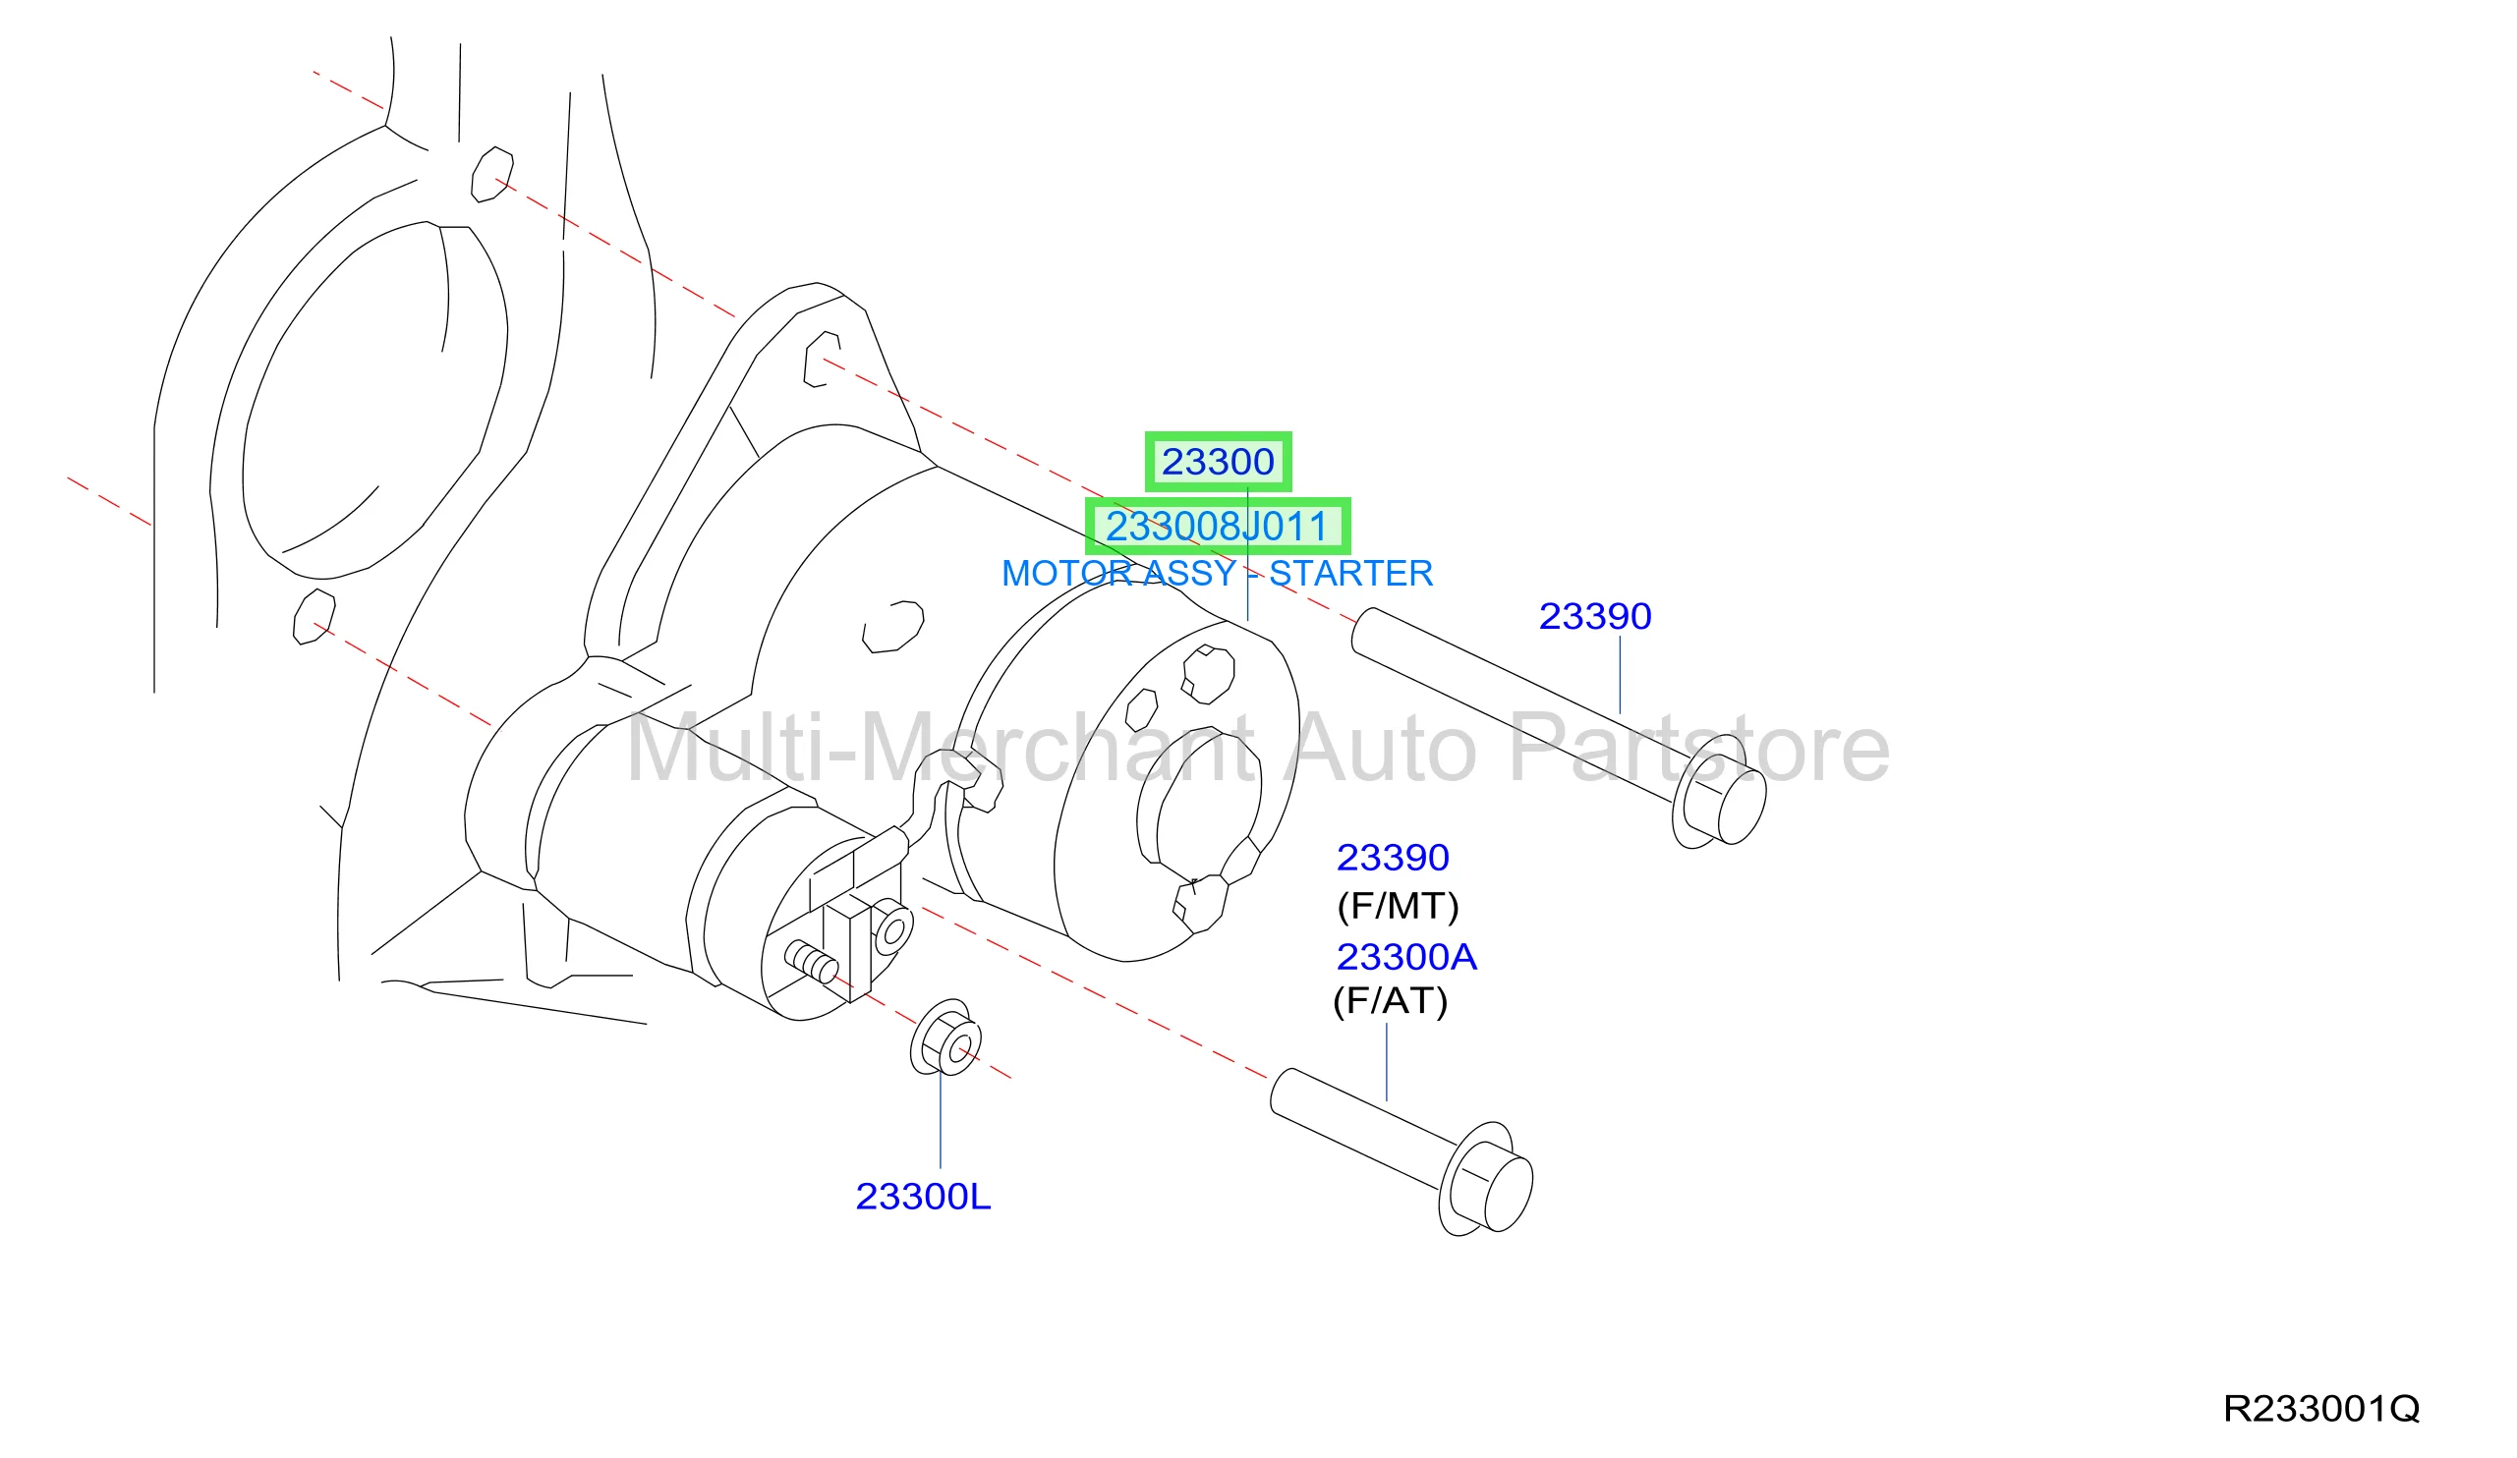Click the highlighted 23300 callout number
click(x=1218, y=462)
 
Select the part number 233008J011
click(x=1217, y=527)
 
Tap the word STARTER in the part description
click(x=1350, y=573)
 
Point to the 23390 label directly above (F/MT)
click(x=1393, y=857)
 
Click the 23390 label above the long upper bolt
click(x=1595, y=616)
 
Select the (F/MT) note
click(x=1399, y=906)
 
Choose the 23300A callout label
click(x=1406, y=957)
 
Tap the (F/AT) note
click(x=1391, y=1000)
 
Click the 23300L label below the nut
click(x=923, y=1197)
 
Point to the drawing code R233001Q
click(x=2321, y=1408)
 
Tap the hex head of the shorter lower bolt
click(x=1486, y=1179)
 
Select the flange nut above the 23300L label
click(x=945, y=1037)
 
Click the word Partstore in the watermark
click(x=1699, y=748)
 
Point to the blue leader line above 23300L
click(x=940, y=1120)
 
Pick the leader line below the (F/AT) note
click(x=1387, y=1061)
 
